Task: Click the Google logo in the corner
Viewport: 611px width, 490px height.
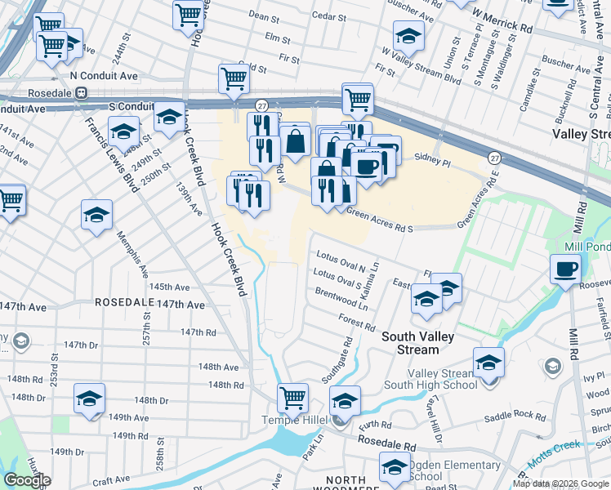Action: click(27, 480)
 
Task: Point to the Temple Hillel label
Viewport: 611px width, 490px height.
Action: click(294, 420)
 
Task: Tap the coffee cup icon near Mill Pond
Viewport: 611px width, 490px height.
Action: click(564, 268)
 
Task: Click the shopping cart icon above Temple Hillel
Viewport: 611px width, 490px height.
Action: click(292, 398)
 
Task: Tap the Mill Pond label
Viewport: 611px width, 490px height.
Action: click(586, 246)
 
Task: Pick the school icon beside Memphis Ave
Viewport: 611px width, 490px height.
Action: click(96, 216)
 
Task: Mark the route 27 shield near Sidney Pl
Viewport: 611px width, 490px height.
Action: click(495, 156)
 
